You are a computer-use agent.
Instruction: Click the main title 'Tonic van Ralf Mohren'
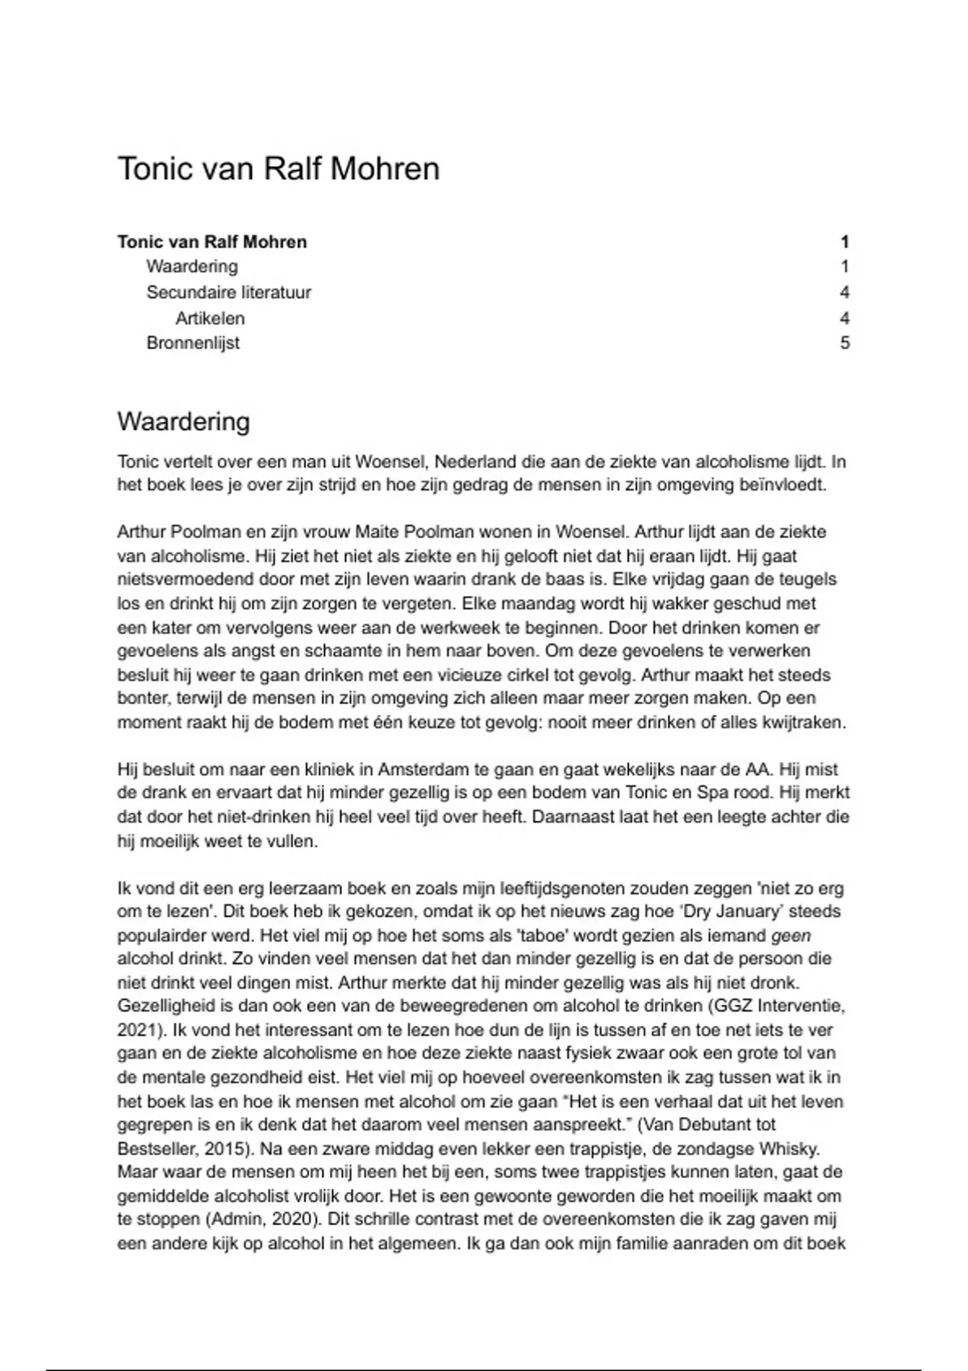click(x=278, y=169)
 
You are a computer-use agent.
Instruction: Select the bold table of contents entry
click(x=212, y=242)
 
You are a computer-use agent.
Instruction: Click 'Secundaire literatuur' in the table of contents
click(x=228, y=292)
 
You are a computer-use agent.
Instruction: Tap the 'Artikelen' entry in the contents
click(x=210, y=318)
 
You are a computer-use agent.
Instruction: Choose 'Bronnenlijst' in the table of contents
click(x=193, y=343)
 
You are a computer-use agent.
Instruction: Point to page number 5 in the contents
click(x=845, y=343)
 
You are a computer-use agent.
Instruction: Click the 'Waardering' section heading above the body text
click(x=183, y=422)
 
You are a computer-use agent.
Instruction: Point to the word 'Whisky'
click(x=794, y=1148)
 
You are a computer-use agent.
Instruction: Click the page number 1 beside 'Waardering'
click(x=845, y=267)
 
